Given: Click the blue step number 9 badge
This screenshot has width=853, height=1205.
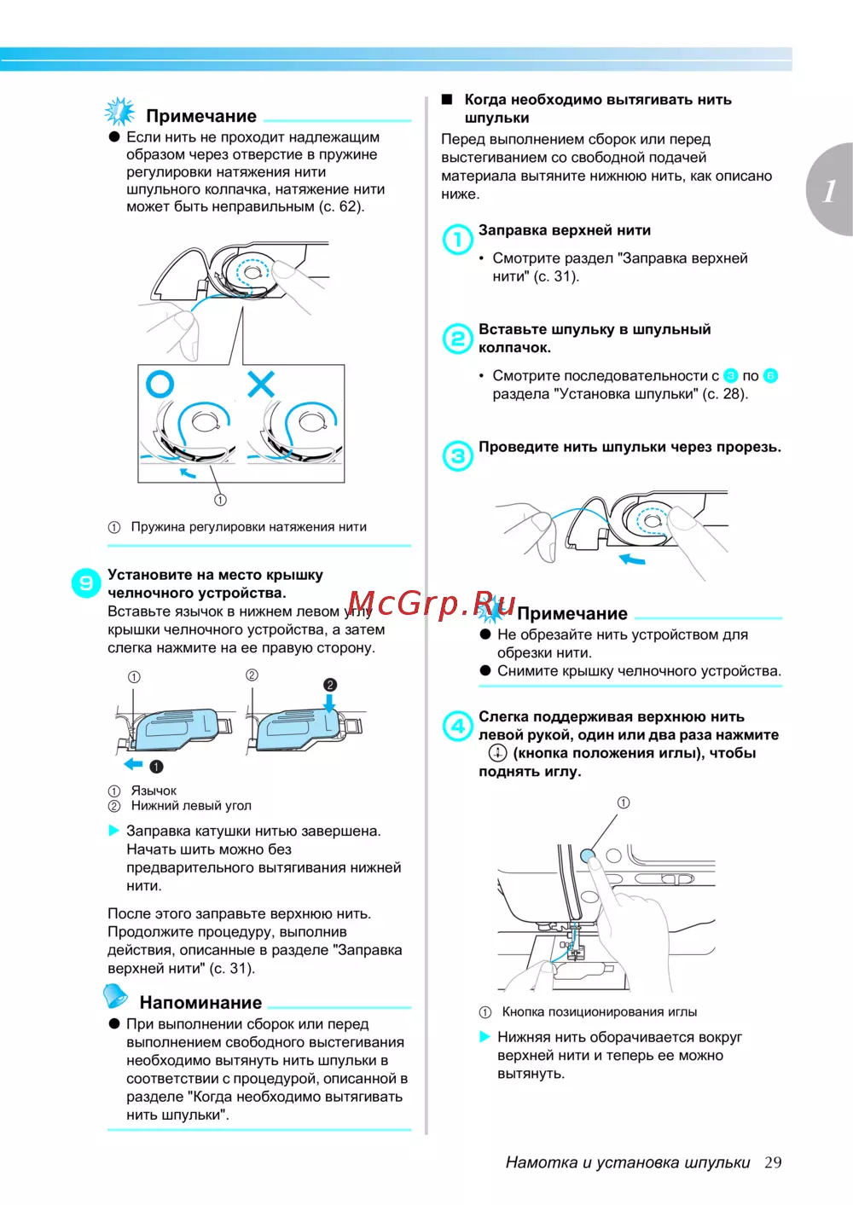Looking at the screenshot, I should click(x=86, y=583).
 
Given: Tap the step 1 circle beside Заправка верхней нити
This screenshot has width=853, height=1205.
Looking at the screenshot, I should click(x=458, y=240).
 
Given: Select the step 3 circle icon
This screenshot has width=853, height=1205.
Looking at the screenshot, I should click(x=458, y=456).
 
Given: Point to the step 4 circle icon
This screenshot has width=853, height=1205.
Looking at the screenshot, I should click(x=458, y=727).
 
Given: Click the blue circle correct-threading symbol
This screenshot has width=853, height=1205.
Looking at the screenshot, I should click(x=160, y=385).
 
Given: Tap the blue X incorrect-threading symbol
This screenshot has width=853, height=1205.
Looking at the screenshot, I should click(x=261, y=384).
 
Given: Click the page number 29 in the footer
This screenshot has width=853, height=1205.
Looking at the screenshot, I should click(x=773, y=1162).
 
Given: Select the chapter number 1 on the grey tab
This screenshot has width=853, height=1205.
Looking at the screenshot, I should click(x=830, y=190).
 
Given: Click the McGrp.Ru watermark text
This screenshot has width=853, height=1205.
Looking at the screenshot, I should click(x=432, y=604).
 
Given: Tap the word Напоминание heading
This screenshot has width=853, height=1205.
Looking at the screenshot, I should click(x=200, y=1003).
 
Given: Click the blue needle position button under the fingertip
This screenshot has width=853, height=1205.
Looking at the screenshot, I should click(x=588, y=855).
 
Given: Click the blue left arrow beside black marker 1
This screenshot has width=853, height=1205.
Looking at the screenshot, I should click(x=133, y=764).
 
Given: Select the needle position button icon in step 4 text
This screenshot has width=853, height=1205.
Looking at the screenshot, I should click(x=497, y=753).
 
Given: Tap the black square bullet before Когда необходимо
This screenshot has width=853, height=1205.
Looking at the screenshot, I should click(x=447, y=100).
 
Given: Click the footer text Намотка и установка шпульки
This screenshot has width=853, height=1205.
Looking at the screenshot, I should click(x=628, y=1162).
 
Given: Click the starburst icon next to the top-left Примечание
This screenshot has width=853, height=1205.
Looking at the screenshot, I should click(x=119, y=112).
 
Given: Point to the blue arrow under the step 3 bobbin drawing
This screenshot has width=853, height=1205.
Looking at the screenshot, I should click(x=632, y=559).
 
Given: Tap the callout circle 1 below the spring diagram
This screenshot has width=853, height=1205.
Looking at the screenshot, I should click(x=220, y=500).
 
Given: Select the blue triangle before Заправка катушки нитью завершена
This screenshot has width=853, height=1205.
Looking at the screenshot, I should click(x=114, y=831).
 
